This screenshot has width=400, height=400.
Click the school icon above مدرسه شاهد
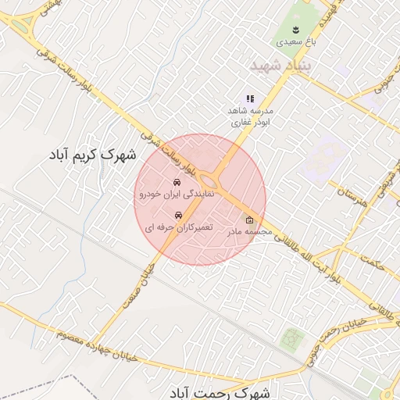(x=250, y=98)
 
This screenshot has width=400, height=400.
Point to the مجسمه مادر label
(x=249, y=231)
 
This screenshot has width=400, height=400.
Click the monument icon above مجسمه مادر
(x=249, y=220)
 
